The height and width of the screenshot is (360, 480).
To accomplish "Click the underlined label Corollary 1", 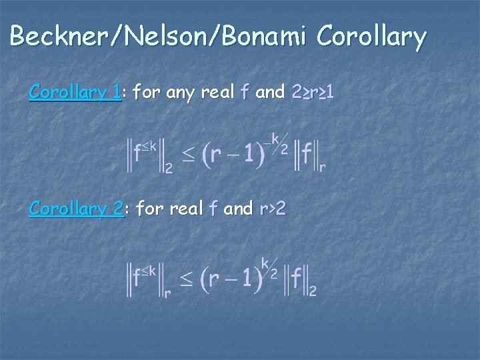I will point(75,93).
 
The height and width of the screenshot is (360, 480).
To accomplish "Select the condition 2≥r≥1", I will point(313,93).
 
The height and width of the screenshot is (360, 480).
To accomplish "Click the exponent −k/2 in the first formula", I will point(275,141).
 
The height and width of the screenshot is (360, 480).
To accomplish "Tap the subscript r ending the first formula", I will point(323,168).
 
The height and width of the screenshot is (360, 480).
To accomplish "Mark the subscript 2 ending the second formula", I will point(312,291).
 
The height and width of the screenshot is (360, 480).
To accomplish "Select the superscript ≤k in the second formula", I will point(149,270).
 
